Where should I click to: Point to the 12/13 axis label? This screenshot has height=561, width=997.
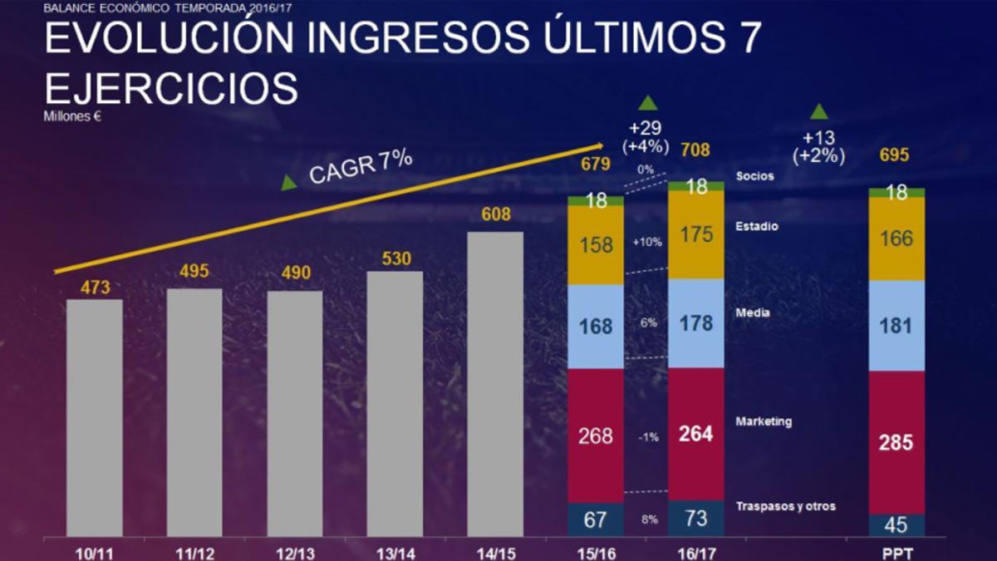coord(294,550)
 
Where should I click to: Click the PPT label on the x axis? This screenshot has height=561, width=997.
coord(896,550)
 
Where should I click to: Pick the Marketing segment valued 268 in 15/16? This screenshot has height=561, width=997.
coord(595,436)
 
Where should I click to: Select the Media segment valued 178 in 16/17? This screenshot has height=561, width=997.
coord(696,323)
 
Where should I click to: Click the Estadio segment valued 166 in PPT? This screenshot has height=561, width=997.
coord(896,239)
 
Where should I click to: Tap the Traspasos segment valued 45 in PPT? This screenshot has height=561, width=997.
coord(896,525)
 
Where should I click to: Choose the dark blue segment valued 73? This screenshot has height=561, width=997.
coord(696,519)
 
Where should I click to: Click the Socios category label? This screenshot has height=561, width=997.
coord(754,176)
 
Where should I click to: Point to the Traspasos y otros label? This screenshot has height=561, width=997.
coord(785,506)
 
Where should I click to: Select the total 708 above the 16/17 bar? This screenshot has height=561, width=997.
coord(696,150)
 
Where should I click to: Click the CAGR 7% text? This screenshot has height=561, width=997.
coord(361,166)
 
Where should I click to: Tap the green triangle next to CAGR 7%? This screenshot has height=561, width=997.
coord(289,183)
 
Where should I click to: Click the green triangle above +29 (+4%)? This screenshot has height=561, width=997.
coord(647,103)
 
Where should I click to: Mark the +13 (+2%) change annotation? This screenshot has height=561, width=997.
coord(818,146)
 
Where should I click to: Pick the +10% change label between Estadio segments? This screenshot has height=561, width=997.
coord(646,242)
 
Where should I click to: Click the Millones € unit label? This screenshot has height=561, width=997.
coord(72,116)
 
